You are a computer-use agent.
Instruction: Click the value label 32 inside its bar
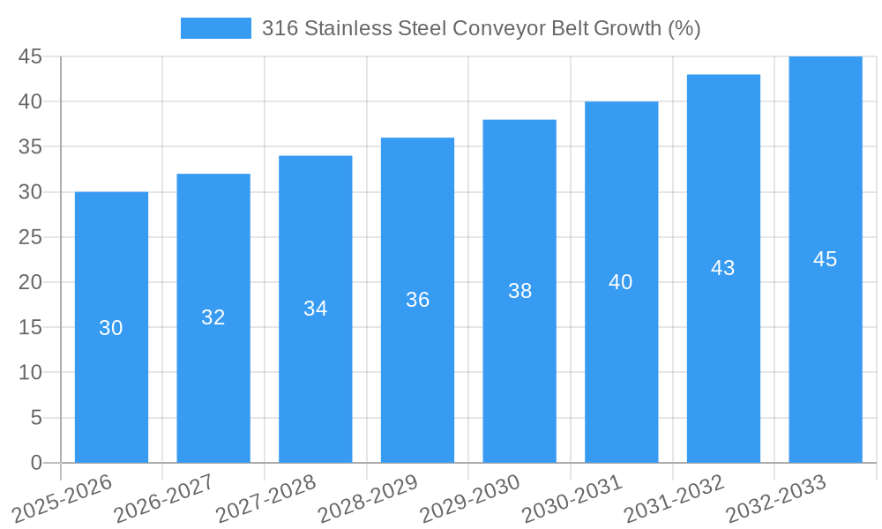tap(213, 317)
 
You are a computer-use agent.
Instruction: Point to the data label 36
tap(417, 300)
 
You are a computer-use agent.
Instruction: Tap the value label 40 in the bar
tap(621, 282)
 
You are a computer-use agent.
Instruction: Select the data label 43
tap(723, 268)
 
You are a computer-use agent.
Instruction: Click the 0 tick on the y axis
tap(36, 463)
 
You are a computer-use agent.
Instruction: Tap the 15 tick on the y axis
tap(31, 327)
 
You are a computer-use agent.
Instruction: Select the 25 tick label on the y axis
tap(31, 237)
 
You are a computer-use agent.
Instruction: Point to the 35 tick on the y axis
tap(31, 146)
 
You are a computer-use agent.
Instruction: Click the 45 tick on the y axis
tap(31, 56)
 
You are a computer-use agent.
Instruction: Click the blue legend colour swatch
tap(216, 28)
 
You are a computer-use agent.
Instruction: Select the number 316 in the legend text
tap(280, 28)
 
